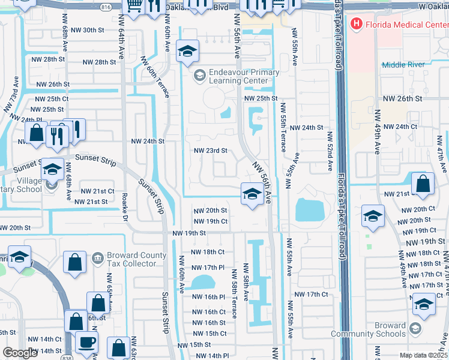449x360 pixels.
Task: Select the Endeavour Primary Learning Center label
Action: pyautogui.click(x=244, y=76)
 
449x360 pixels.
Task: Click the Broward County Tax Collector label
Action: pyautogui.click(x=136, y=259)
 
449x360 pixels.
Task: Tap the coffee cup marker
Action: pyautogui.click(x=86, y=342)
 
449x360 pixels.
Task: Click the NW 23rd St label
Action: pyautogui.click(x=211, y=151)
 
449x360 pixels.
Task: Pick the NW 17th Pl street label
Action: pyautogui.click(x=208, y=267)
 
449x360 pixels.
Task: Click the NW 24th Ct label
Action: pyautogui.click(x=400, y=127)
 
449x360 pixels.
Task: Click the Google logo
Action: pyautogui.click(x=20, y=353)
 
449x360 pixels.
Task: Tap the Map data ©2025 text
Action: pyautogui.click(x=423, y=355)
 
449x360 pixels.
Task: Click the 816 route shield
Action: pyautogui.click(x=106, y=7)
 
